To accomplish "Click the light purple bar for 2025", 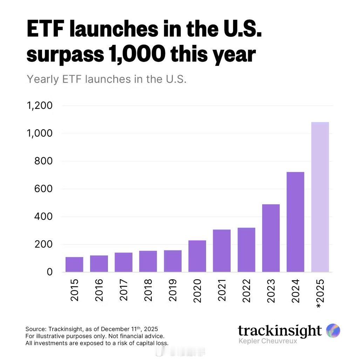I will tap(320, 197).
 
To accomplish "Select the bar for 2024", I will tap(295, 222).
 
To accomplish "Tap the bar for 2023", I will tap(271, 238).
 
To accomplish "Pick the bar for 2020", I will tap(197, 256).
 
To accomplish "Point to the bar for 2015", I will tap(74, 264).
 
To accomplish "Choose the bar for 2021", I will tap(222, 251).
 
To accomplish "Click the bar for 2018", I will tap(148, 261).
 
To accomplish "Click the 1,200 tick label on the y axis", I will tap(40, 106).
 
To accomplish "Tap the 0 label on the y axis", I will tap(50, 272).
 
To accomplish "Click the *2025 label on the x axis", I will tap(320, 293).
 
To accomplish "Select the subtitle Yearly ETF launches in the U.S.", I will tap(107, 79).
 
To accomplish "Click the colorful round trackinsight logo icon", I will tap(333, 330).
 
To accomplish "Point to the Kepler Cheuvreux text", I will tap(267, 341).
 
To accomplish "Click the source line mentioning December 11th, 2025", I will tap(92, 329).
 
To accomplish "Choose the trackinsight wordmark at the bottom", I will tap(279, 330).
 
